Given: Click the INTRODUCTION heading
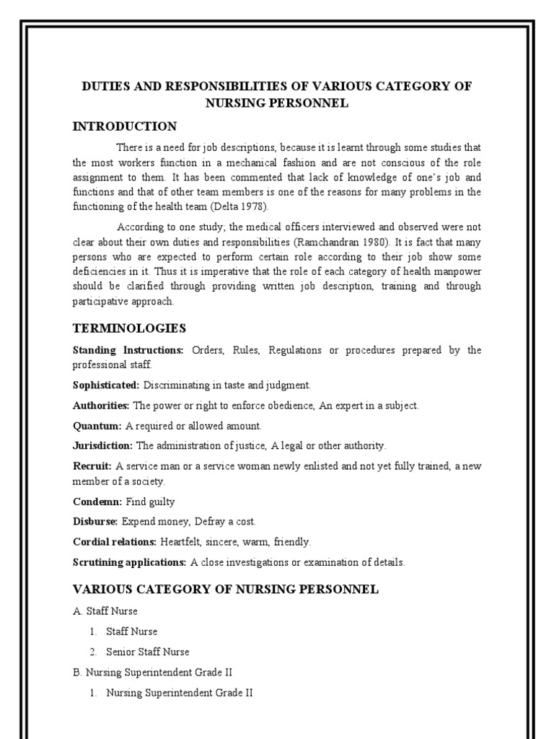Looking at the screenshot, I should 125,127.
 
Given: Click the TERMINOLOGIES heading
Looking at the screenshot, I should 129,329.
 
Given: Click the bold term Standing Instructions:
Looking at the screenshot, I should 128,351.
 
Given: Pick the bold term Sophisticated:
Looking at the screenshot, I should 105,385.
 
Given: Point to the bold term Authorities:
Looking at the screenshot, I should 101,406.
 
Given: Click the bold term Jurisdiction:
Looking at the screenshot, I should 102,446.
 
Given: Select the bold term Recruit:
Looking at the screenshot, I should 92,466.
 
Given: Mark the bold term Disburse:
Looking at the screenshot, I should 95,521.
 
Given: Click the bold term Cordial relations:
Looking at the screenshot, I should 114,541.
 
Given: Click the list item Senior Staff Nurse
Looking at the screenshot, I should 148,652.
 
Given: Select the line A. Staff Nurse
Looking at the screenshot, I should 106,611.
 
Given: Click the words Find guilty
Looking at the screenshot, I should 151,501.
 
